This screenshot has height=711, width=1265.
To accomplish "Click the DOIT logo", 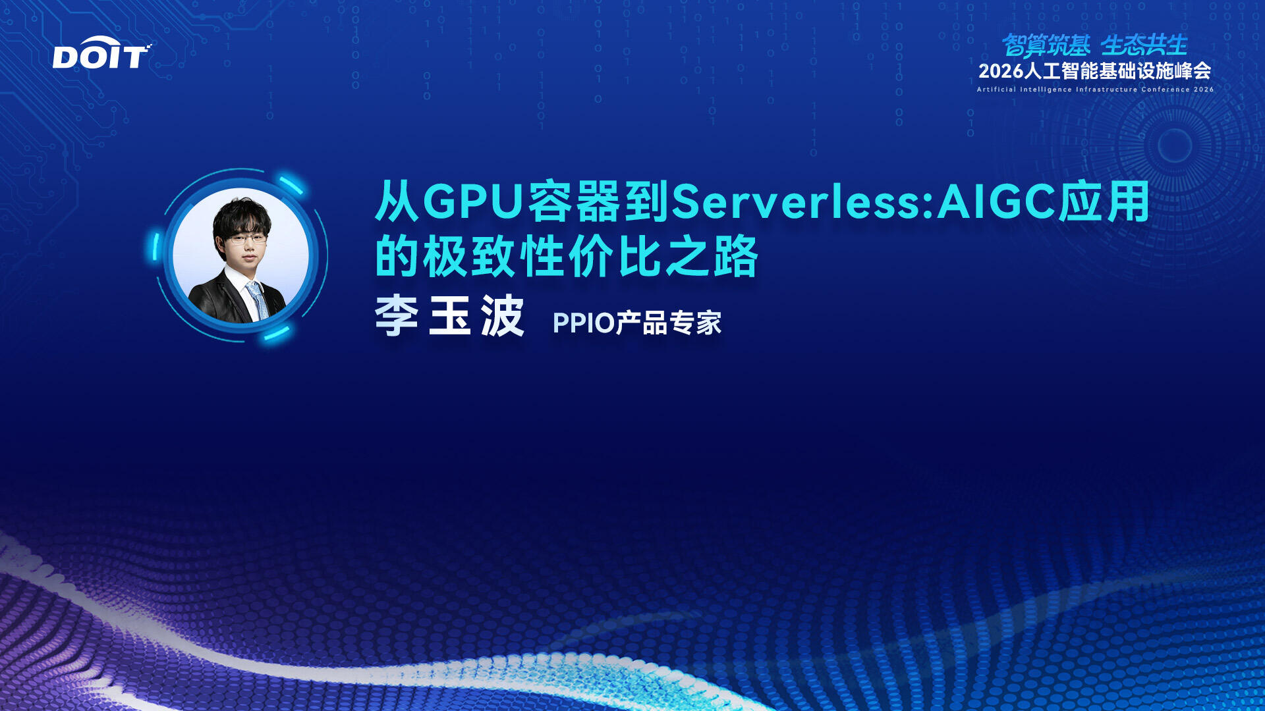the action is tap(101, 53).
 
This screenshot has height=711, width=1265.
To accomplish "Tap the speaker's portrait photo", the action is tap(240, 255).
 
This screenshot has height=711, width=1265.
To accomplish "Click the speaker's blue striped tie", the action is tap(258, 300).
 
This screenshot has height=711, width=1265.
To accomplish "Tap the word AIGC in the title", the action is tap(996, 201).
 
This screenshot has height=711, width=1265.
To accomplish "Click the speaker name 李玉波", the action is tap(449, 316).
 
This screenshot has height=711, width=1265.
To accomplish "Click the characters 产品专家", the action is tap(668, 323).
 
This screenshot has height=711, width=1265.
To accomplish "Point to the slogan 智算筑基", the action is tap(1046, 45).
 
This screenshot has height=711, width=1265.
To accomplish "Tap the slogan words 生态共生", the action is tap(1144, 45).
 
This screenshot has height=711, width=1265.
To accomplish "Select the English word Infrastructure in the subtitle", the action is tap(1106, 90).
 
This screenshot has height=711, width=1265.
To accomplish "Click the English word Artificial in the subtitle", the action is tap(996, 90).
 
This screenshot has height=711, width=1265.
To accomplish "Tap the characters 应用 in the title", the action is tap(1104, 201).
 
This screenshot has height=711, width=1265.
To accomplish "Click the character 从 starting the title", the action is tap(397, 201).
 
